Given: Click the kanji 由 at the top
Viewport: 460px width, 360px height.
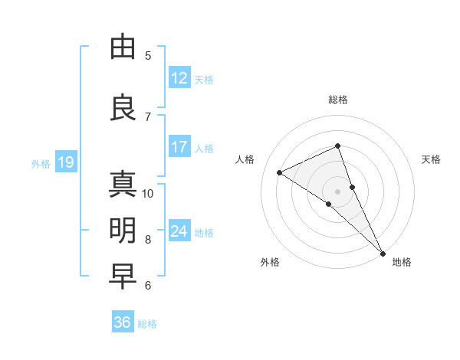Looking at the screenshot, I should tap(123, 47).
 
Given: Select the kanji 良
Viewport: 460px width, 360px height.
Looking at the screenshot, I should tap(123, 106).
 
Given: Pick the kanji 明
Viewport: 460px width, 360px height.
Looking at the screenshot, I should tap(123, 231).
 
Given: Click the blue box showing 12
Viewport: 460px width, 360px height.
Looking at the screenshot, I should tap(179, 78).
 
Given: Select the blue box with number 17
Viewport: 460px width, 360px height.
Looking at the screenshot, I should tap(179, 147).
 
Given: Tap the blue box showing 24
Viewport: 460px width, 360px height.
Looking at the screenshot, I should tap(179, 231).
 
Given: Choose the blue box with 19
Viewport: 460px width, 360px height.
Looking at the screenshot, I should tap(65, 162).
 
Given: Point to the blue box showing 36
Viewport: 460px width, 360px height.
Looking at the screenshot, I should tap(123, 322).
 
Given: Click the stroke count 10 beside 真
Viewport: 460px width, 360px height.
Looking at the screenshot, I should tap(148, 193).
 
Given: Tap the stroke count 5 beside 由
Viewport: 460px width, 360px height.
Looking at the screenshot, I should tap(148, 55).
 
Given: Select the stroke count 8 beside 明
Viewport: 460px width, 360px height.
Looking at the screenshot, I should tap(148, 239).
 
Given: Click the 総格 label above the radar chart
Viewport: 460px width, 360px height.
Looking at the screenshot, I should tap(338, 100).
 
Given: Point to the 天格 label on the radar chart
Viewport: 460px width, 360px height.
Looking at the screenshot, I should tap(431, 159).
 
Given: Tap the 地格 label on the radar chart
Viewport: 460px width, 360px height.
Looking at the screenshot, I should tap(402, 262).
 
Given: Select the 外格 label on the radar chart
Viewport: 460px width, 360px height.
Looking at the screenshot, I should tap(270, 262).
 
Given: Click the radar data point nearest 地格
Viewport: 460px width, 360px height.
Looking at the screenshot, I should tap(383, 253).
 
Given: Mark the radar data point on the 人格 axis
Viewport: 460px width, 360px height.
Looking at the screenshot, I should tap(280, 172).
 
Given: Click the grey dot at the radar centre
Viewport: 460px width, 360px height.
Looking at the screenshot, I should tap(337, 191).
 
